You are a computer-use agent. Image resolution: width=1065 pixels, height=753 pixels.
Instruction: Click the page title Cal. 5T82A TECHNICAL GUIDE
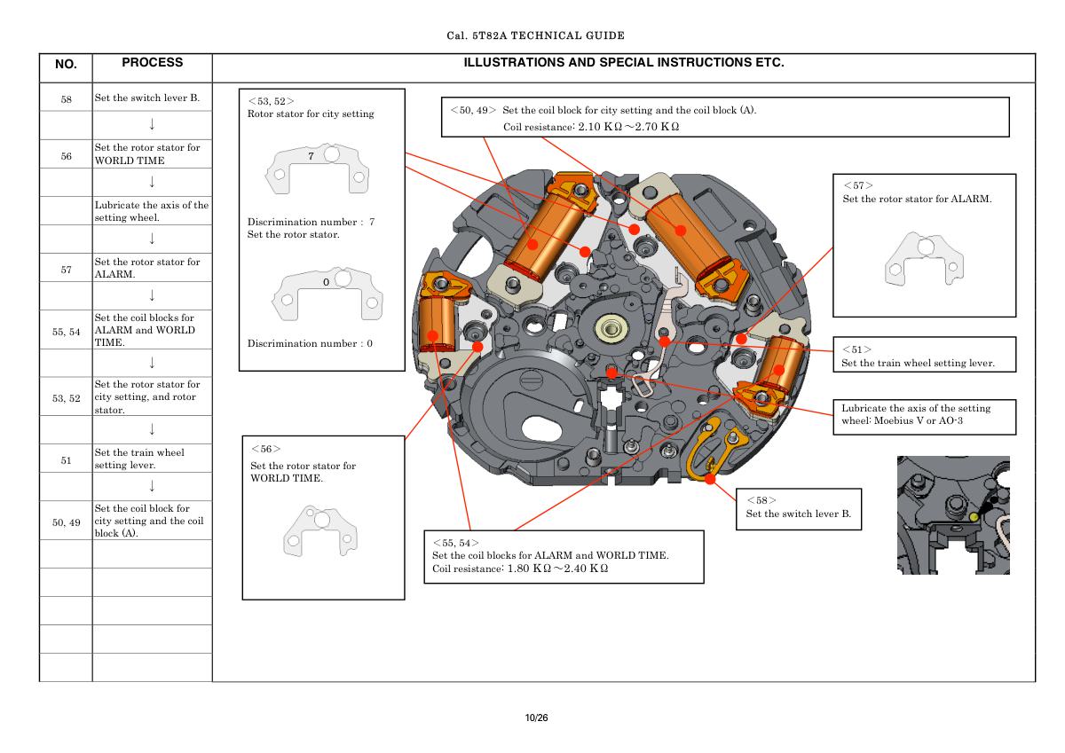[x=536, y=36]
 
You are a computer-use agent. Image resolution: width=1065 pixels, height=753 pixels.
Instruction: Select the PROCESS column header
[x=152, y=63]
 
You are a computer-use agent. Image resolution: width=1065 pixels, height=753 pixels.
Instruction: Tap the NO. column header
[x=66, y=65]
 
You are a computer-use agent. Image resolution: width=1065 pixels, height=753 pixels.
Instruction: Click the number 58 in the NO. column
[x=66, y=98]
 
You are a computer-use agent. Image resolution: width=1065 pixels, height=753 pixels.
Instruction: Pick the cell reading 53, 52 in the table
[x=66, y=398]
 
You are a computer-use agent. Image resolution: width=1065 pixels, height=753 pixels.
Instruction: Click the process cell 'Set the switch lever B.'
[x=147, y=98]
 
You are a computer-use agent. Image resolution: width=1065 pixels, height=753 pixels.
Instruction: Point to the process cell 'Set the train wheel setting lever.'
[x=139, y=459]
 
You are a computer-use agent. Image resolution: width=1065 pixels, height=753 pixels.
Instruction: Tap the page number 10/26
[x=536, y=717]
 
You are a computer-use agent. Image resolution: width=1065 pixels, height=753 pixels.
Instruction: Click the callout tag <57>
[x=857, y=185]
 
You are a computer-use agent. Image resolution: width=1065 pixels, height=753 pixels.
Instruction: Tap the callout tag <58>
[x=761, y=500]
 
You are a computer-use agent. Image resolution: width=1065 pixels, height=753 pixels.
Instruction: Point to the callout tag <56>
[x=265, y=450]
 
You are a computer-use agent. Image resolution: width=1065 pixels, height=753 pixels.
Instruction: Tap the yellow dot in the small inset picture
[x=974, y=516]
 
